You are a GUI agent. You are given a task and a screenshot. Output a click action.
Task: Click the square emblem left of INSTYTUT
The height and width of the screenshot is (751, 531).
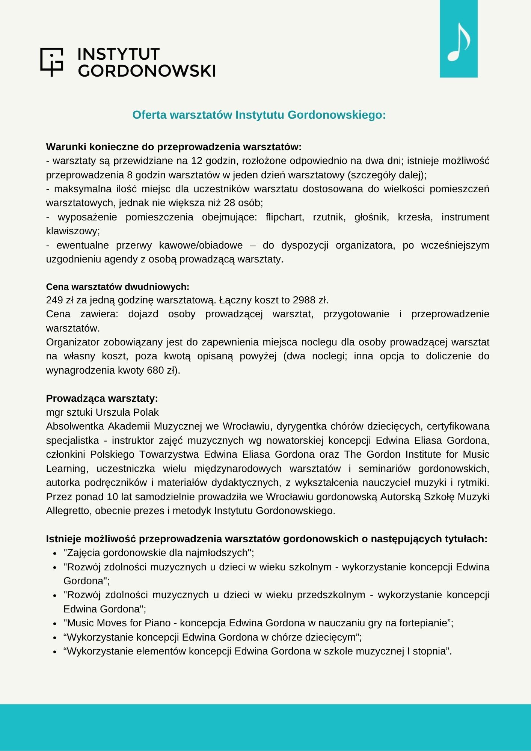pyautogui.click(x=51, y=62)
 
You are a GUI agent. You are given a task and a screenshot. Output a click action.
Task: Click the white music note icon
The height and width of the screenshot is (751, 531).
pyautogui.click(x=459, y=42)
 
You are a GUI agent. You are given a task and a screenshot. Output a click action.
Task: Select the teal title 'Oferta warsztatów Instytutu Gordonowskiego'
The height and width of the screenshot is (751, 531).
pyautogui.click(x=259, y=115)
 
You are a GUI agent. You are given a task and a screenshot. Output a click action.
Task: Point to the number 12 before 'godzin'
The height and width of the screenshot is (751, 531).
pyautogui.click(x=197, y=161)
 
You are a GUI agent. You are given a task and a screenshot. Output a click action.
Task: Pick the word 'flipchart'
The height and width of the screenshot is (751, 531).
pyautogui.click(x=285, y=217)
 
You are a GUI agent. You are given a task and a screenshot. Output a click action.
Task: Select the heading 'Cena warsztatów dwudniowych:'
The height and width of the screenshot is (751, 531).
pyautogui.click(x=118, y=287)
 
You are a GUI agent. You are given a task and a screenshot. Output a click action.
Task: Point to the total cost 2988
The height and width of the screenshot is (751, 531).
pyautogui.click(x=304, y=300)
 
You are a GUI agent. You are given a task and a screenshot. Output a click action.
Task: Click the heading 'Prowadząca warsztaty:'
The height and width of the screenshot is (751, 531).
pyautogui.click(x=102, y=398)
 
